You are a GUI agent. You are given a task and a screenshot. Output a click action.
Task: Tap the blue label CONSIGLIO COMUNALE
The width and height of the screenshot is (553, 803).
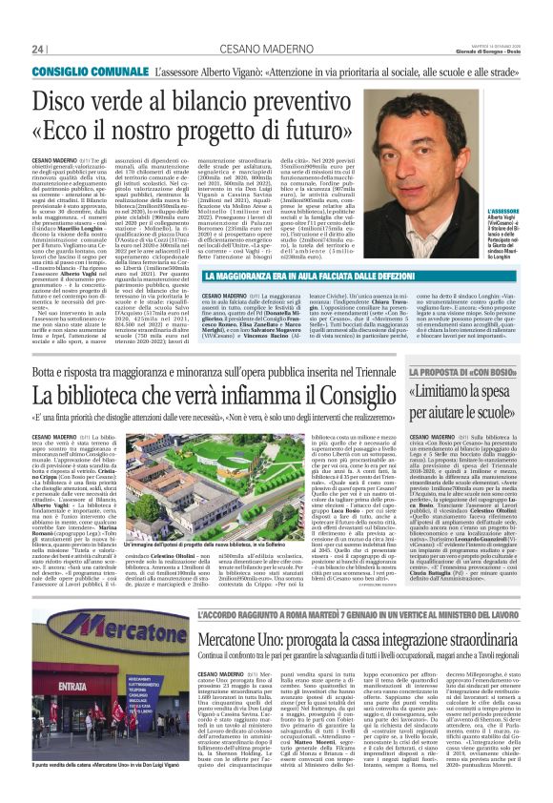click(87, 72)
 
